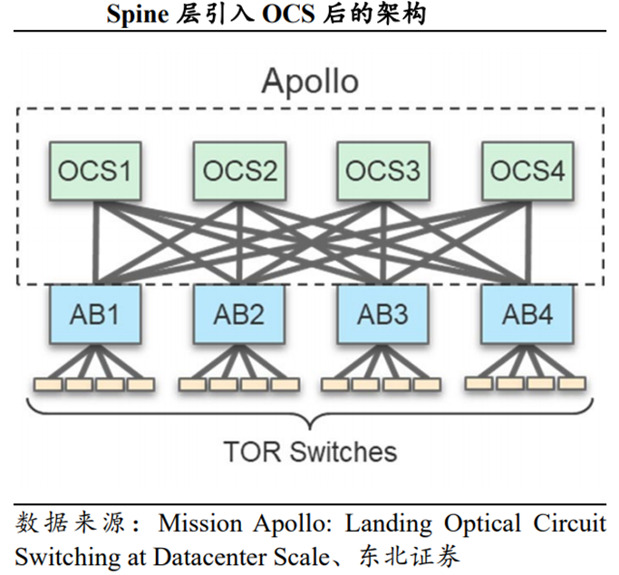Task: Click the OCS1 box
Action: tap(94, 170)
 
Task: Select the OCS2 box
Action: tap(239, 170)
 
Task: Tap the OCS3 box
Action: tap(383, 170)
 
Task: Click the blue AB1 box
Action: tap(94, 314)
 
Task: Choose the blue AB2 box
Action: tap(239, 314)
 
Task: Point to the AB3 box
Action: tap(383, 314)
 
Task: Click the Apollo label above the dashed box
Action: tap(309, 81)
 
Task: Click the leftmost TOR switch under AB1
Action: tap(46, 384)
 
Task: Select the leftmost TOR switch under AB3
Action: tap(335, 384)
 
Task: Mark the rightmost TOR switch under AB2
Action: tap(284, 384)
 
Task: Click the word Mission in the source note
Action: tap(196, 524)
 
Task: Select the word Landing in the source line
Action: tap(392, 524)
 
